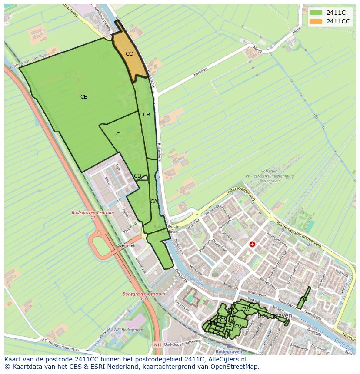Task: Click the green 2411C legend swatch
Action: coord(316,13)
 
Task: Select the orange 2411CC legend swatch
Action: coord(316,21)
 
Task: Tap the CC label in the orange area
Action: coord(129,54)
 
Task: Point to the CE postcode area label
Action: coord(84,97)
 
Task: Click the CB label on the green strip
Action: coord(147,115)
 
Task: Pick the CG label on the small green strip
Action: coord(303,299)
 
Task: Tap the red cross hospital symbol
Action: coord(252,244)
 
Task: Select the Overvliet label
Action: coord(126,245)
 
